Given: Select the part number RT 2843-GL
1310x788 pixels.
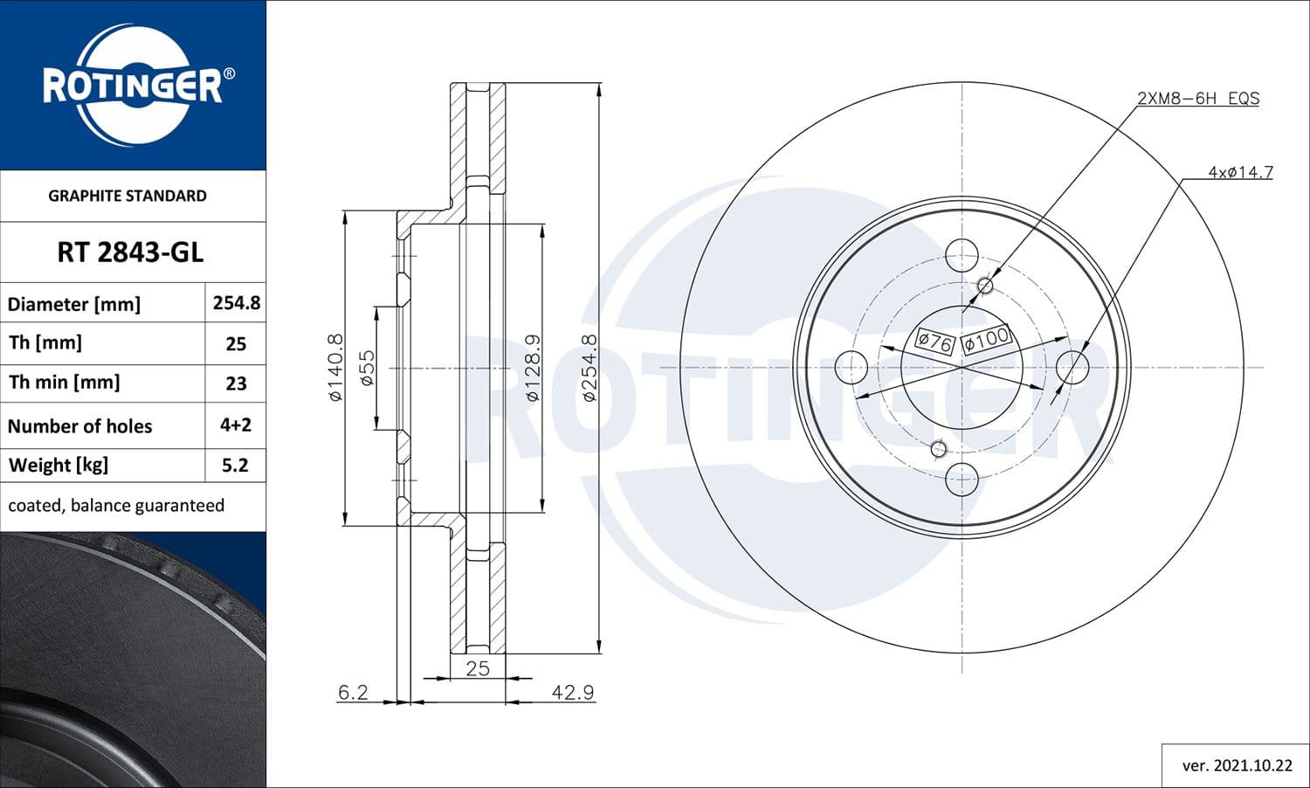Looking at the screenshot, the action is point(130,252).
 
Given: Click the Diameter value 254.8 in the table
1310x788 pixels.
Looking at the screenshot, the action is point(236,302).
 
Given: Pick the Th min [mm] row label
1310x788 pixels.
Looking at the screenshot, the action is point(65,383).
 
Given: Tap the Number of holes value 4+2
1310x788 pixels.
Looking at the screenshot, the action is point(236,425).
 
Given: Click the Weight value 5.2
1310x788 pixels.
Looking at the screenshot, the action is point(235,465).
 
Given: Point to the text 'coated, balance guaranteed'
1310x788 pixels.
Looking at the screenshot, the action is point(116,505).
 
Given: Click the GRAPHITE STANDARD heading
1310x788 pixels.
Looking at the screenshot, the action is point(128,196).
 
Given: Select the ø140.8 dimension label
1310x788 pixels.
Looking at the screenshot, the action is point(335,368).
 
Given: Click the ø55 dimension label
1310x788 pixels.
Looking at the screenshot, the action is point(367,368).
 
